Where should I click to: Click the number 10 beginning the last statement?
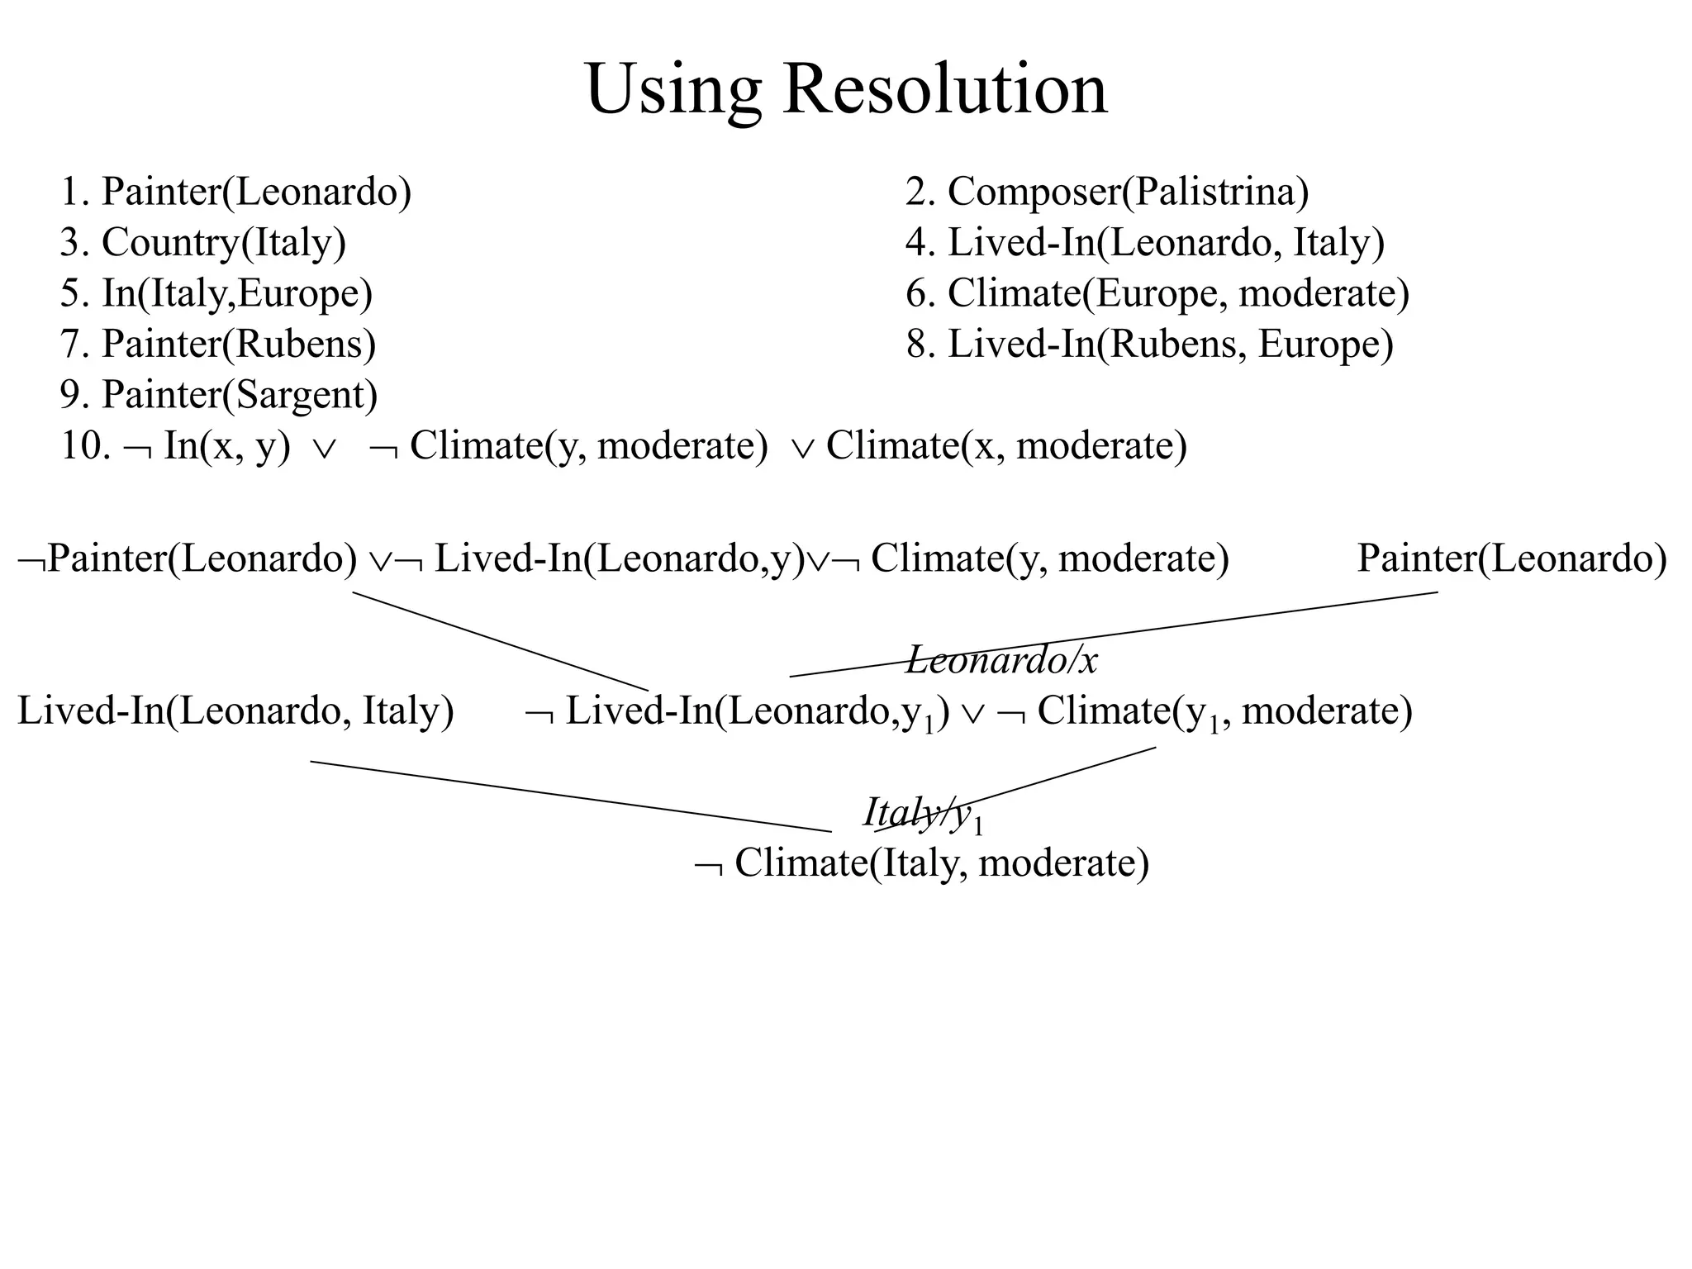coord(83,446)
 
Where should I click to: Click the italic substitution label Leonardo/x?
coord(1001,660)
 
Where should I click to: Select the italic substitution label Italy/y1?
coord(923,813)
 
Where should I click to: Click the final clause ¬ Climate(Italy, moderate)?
coord(922,863)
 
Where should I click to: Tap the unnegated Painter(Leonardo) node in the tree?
coord(1511,558)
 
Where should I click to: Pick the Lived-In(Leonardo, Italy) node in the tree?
coord(235,711)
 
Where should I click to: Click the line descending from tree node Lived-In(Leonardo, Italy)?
coord(570,796)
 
